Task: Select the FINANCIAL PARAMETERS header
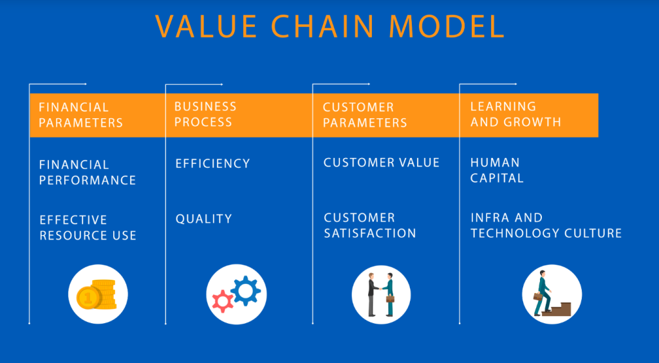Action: pos(80,115)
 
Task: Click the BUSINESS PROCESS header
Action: pos(205,114)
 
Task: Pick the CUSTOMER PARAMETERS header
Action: pos(364,115)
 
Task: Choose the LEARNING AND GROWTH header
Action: pos(515,114)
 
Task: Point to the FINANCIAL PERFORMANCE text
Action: pos(87,173)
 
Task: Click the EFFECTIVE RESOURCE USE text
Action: pos(88,228)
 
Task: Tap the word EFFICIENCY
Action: pos(212,164)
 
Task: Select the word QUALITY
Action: pos(203,219)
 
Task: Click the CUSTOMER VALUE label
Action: pos(381,163)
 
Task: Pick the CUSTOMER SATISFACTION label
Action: pos(369,226)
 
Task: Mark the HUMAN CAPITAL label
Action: pos(496,170)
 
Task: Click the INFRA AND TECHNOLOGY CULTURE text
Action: pos(546,226)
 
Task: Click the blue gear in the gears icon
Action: pos(246,290)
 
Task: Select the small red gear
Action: pos(223,301)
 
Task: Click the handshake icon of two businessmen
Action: pos(381,295)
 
